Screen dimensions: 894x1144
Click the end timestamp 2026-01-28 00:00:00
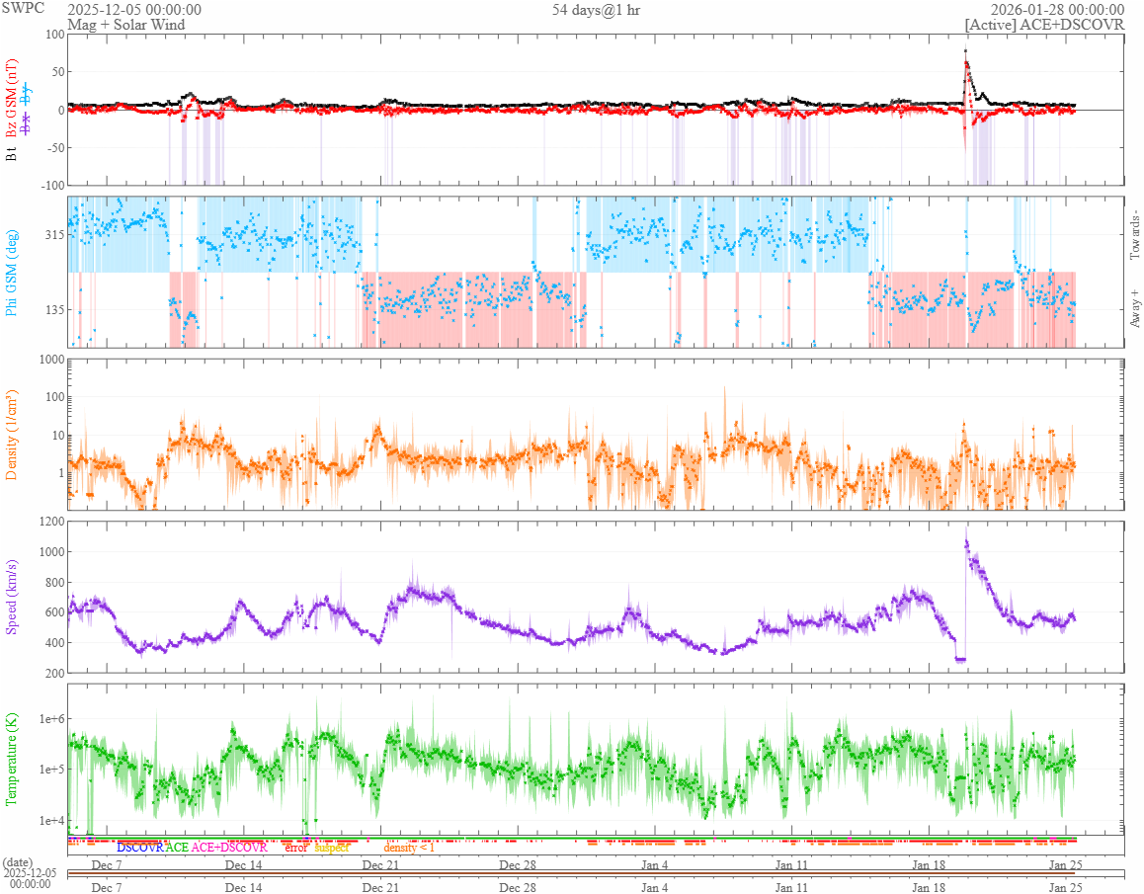point(1058,10)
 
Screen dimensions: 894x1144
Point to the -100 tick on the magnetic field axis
point(48,185)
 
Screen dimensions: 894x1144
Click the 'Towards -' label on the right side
point(1134,236)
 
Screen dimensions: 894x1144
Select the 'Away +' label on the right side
point(1134,308)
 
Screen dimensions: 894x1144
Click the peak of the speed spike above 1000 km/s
point(965,528)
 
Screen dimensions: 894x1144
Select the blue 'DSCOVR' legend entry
point(139,848)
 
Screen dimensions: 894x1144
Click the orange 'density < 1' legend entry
point(409,848)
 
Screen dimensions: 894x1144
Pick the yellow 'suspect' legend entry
point(331,848)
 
